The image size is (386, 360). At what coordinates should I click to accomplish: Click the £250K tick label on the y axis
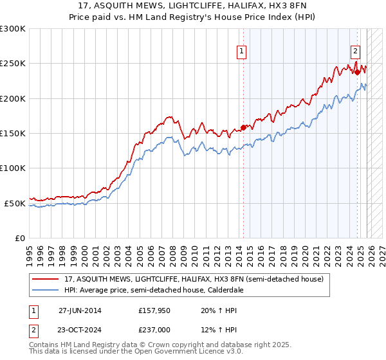(13, 64)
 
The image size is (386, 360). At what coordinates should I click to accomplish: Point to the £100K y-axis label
(13, 168)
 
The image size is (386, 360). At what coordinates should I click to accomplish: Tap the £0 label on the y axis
(19, 238)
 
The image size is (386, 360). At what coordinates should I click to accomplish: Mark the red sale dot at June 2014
(244, 127)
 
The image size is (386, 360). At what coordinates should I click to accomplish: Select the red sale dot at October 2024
(358, 72)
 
